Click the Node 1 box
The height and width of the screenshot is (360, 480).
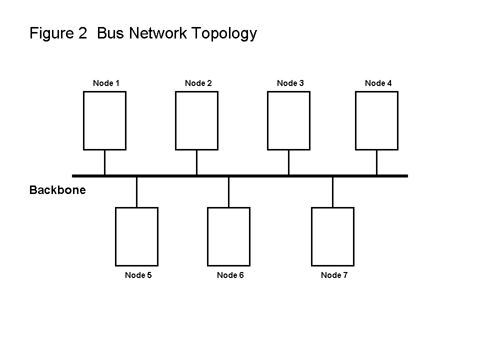click(x=104, y=120)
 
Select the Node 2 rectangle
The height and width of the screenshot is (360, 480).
click(x=196, y=120)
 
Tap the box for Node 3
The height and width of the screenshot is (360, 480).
click(x=288, y=120)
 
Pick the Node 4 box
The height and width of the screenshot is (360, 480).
click(x=376, y=120)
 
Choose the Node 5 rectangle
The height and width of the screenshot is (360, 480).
click(x=136, y=236)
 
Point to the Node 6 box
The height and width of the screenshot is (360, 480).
click(x=228, y=236)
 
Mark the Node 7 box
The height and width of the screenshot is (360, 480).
click(x=332, y=236)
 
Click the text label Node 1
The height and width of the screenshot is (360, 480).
click(x=106, y=83)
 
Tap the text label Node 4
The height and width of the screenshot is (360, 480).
click(x=378, y=83)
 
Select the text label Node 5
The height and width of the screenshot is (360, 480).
click(x=138, y=275)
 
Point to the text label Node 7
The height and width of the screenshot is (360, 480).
click(x=334, y=275)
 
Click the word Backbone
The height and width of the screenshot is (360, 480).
click(x=57, y=190)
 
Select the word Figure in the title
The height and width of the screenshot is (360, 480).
click(x=52, y=33)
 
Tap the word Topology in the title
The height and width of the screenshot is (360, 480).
click(x=226, y=33)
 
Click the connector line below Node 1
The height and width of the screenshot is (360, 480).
click(x=104, y=162)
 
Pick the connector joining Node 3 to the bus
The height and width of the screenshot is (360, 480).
click(x=288, y=162)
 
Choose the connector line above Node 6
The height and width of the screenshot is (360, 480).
click(x=228, y=192)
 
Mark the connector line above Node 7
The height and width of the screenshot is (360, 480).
click(x=332, y=192)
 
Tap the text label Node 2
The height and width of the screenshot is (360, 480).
click(x=198, y=83)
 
